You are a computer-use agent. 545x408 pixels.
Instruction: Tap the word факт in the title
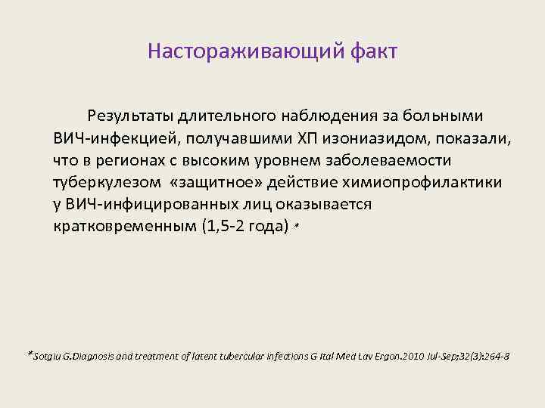tap(373, 52)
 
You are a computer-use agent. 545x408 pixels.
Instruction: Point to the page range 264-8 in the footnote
tap(497, 355)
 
